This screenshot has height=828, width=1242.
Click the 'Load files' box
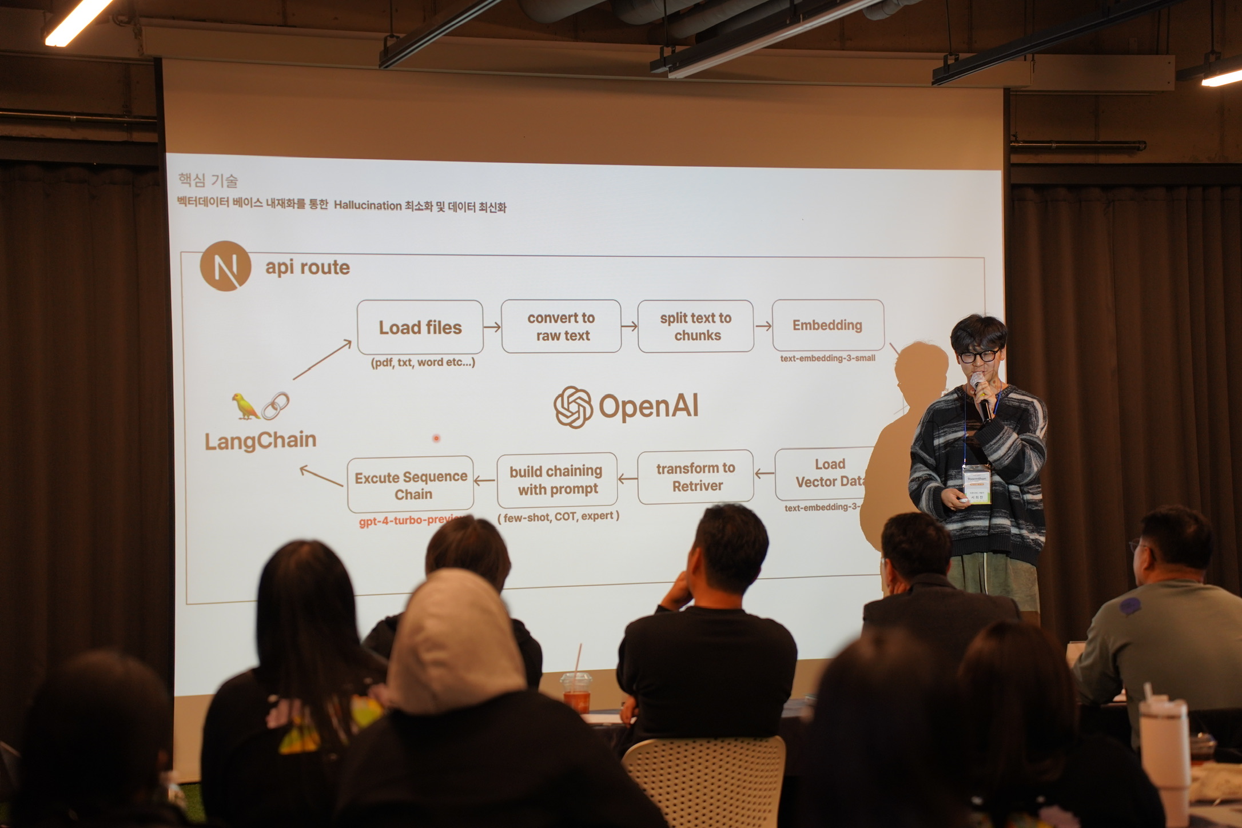420,327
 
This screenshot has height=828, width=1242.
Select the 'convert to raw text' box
561,326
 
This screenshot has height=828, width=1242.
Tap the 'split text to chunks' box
695,326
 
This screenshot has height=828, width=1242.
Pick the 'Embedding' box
827,325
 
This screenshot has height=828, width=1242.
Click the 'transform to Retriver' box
695,477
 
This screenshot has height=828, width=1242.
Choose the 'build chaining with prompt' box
556,480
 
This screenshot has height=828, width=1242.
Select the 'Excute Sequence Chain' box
411,485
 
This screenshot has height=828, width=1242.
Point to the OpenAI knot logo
572,407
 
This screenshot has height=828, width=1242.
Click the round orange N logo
225,266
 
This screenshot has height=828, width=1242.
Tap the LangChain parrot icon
245,406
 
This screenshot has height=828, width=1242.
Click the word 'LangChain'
260,440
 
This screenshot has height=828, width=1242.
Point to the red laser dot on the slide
436,439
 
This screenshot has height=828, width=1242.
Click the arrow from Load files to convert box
492,327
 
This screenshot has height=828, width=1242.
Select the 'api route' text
307,267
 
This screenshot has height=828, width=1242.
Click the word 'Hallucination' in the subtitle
368,205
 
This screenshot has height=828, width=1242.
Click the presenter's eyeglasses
979,356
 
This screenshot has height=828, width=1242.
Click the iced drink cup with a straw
576,692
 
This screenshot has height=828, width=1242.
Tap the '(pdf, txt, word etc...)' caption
423,362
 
